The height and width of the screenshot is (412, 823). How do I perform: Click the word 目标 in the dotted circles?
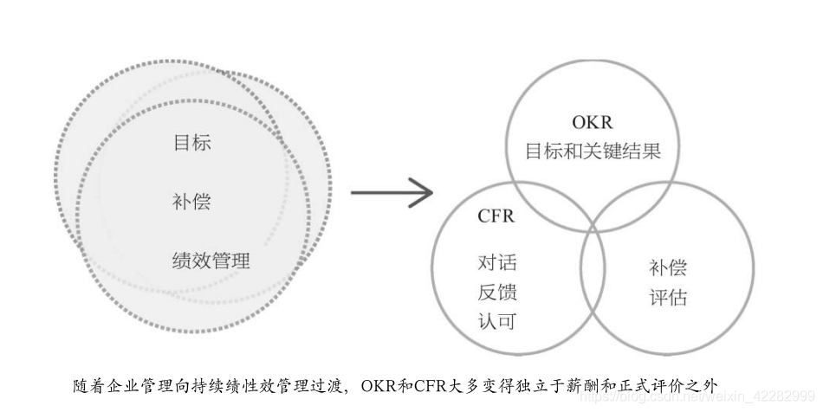191,143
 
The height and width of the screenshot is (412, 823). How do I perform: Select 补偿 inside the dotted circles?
191,203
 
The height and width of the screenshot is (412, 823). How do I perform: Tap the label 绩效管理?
211,260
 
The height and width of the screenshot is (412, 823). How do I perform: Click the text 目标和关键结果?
593,151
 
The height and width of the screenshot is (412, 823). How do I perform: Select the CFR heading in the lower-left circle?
496,216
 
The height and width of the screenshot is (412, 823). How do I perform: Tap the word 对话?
496,263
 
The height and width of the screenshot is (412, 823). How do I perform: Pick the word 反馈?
496,292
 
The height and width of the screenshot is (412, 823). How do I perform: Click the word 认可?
496,321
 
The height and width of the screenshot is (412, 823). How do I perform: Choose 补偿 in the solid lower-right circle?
667,267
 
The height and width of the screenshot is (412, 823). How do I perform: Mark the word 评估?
667,298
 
